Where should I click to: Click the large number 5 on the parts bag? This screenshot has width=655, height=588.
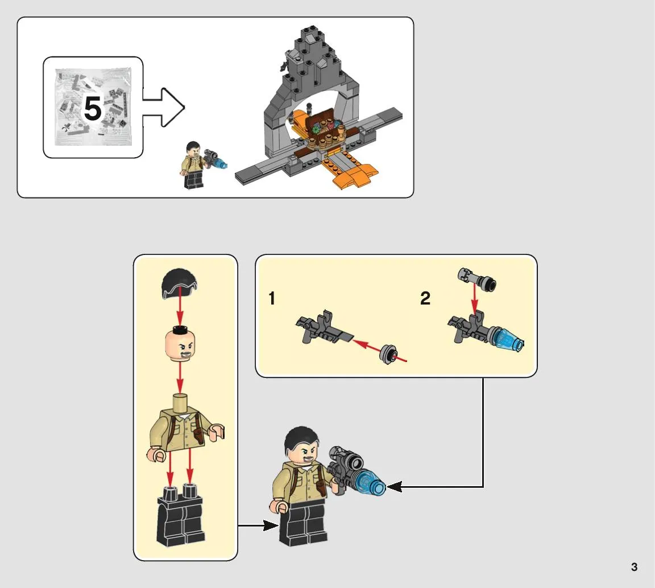tap(93, 108)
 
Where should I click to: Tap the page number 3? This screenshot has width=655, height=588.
tap(634, 567)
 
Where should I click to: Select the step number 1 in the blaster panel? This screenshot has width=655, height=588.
tap(272, 298)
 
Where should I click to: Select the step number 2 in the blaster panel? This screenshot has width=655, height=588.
tap(425, 298)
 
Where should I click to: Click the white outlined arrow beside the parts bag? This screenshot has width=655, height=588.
tap(164, 108)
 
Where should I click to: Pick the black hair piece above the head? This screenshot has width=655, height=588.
tap(179, 284)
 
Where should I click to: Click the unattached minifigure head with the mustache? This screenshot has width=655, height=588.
tap(180, 344)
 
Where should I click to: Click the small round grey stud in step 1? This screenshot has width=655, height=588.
tap(388, 354)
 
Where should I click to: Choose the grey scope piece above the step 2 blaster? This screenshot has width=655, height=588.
tap(477, 279)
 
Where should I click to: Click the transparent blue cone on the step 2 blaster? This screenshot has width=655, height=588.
tap(508, 340)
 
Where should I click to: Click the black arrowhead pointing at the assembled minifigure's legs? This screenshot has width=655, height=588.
tap(271, 525)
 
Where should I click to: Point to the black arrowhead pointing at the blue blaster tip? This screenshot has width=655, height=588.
tap(395, 486)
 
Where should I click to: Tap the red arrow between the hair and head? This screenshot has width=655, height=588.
tap(180, 311)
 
